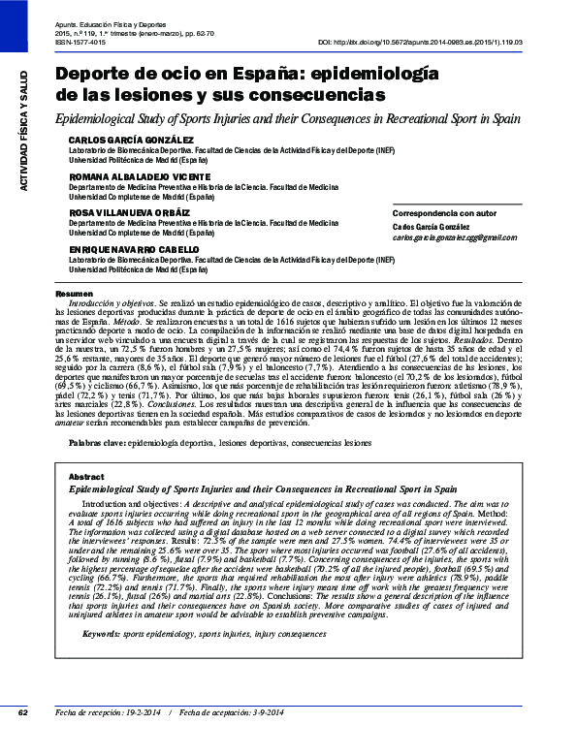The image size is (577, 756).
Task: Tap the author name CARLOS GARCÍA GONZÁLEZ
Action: click(x=118, y=141)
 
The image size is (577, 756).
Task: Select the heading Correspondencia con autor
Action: click(x=417, y=212)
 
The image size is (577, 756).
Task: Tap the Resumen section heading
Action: click(x=74, y=293)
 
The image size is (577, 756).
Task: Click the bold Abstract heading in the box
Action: click(x=86, y=478)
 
